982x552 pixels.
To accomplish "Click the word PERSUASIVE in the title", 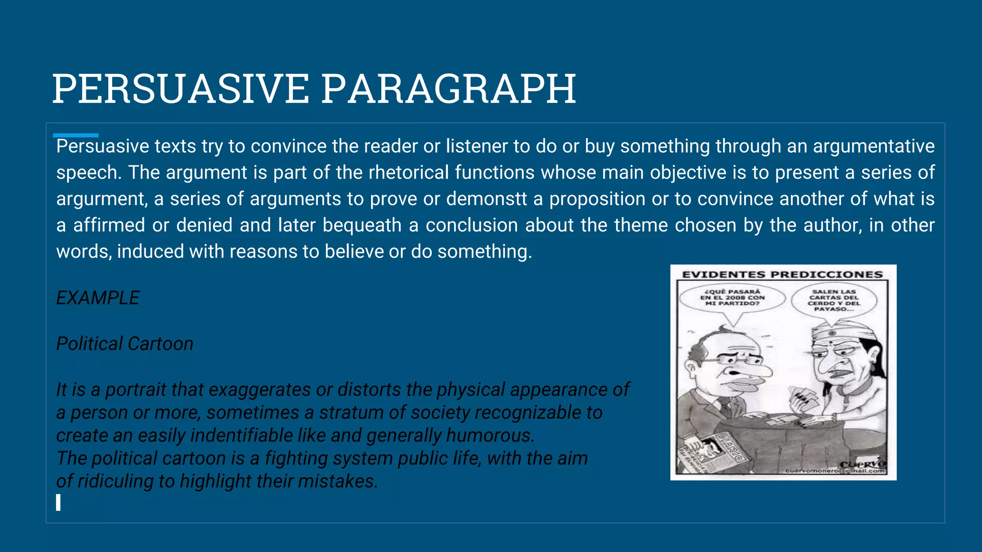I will [180, 89].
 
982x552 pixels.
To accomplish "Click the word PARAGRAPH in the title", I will [448, 89].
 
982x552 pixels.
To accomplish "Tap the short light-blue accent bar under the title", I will [75, 136].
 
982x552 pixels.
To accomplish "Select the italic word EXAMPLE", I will [98, 298].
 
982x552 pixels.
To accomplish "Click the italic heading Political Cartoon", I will [125, 344].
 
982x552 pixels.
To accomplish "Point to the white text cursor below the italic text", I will [58, 503].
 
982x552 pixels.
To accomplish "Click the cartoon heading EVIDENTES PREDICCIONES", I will [782, 275].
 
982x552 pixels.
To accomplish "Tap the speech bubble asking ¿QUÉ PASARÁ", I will [732, 298].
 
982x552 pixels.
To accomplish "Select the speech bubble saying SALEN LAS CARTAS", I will [834, 300].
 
